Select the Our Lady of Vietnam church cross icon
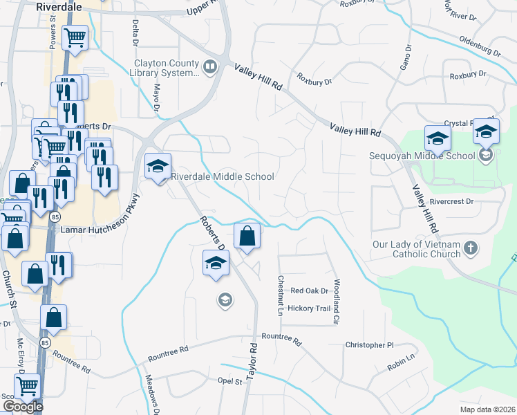pos(470,248)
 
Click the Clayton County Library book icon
pos(210,66)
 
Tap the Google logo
pos(23,407)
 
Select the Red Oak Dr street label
pos(308,291)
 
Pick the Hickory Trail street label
pos(310,308)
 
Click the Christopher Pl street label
pos(369,344)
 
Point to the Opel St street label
pos(229,380)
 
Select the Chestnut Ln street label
pos(281,296)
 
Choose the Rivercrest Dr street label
pos(451,202)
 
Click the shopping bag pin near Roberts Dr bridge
pos(247,236)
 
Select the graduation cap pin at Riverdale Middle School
pos(158,167)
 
